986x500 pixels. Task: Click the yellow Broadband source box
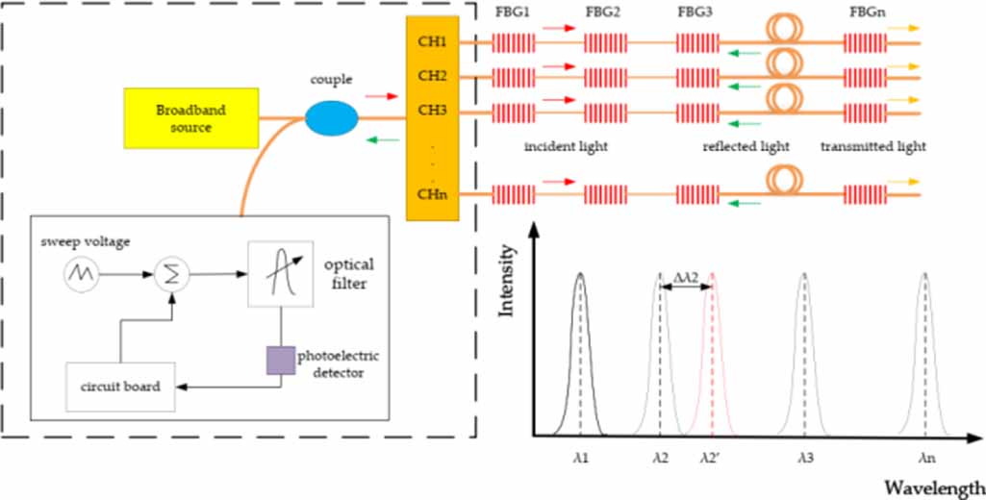pyautogui.click(x=190, y=118)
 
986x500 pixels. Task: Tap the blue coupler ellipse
pyautogui.click(x=332, y=118)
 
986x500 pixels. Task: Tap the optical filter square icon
pyautogui.click(x=280, y=273)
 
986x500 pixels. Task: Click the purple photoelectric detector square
pyautogui.click(x=280, y=360)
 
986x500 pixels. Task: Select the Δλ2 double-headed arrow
pyautogui.click(x=685, y=291)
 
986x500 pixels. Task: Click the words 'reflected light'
pyautogui.click(x=746, y=147)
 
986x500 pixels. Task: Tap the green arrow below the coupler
pyautogui.click(x=380, y=139)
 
